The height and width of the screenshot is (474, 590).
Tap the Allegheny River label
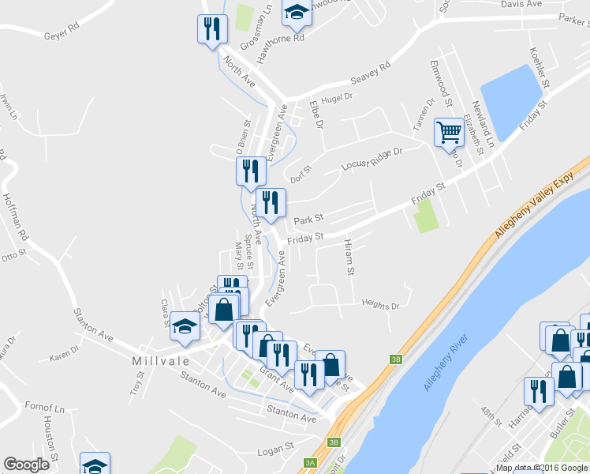pos(446,363)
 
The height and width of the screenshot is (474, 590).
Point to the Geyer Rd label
pos(63,36)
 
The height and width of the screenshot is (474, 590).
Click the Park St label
pos(308,219)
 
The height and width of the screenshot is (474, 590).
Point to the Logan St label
pos(275,449)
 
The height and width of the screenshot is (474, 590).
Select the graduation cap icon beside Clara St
pos(185,325)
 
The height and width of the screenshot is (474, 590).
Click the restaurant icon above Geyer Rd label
pos(211,30)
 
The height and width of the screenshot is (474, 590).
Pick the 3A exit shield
pos(310,463)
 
